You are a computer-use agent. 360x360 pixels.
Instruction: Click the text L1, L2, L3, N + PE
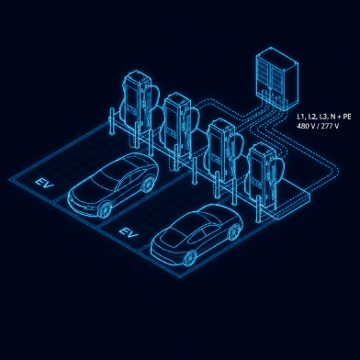[324, 117]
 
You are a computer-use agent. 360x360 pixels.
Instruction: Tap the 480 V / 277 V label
[318, 126]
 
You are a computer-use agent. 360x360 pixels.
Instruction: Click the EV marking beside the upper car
[44, 183]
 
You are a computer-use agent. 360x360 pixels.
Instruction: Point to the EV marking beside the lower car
[129, 232]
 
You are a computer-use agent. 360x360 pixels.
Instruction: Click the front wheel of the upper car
[106, 209]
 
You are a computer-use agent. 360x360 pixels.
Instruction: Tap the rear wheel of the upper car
[149, 184]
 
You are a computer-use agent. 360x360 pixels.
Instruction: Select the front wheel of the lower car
[190, 258]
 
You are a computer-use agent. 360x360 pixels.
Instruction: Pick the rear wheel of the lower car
[234, 231]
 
